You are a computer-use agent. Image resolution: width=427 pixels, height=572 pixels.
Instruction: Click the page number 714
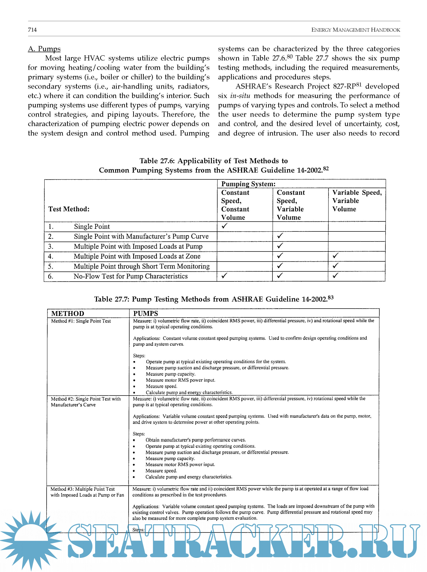click(32, 30)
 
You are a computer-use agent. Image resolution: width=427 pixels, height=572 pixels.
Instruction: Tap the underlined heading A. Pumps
click(44, 49)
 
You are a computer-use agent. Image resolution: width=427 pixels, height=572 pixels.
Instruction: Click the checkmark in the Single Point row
click(224, 226)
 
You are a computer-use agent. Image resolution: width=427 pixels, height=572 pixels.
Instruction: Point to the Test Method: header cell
click(69, 209)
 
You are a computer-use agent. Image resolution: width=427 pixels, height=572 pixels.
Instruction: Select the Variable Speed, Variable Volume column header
click(356, 201)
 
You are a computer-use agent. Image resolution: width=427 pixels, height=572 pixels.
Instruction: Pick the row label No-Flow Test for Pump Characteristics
click(131, 276)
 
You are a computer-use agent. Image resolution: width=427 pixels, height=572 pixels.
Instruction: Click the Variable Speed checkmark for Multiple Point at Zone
click(336, 256)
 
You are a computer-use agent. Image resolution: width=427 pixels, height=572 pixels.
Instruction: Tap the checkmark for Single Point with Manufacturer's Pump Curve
click(280, 236)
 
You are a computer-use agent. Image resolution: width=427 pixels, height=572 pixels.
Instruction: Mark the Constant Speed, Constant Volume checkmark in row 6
click(224, 276)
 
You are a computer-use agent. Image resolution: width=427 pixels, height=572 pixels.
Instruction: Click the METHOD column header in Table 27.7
click(68, 313)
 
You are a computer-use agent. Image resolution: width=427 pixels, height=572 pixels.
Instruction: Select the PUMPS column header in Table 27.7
click(145, 313)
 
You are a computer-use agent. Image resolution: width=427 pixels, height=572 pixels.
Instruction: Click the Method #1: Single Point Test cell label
click(81, 321)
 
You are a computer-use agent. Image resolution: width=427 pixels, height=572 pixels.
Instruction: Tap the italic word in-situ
click(240, 96)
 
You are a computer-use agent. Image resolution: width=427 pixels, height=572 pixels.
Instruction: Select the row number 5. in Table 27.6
click(51, 266)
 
